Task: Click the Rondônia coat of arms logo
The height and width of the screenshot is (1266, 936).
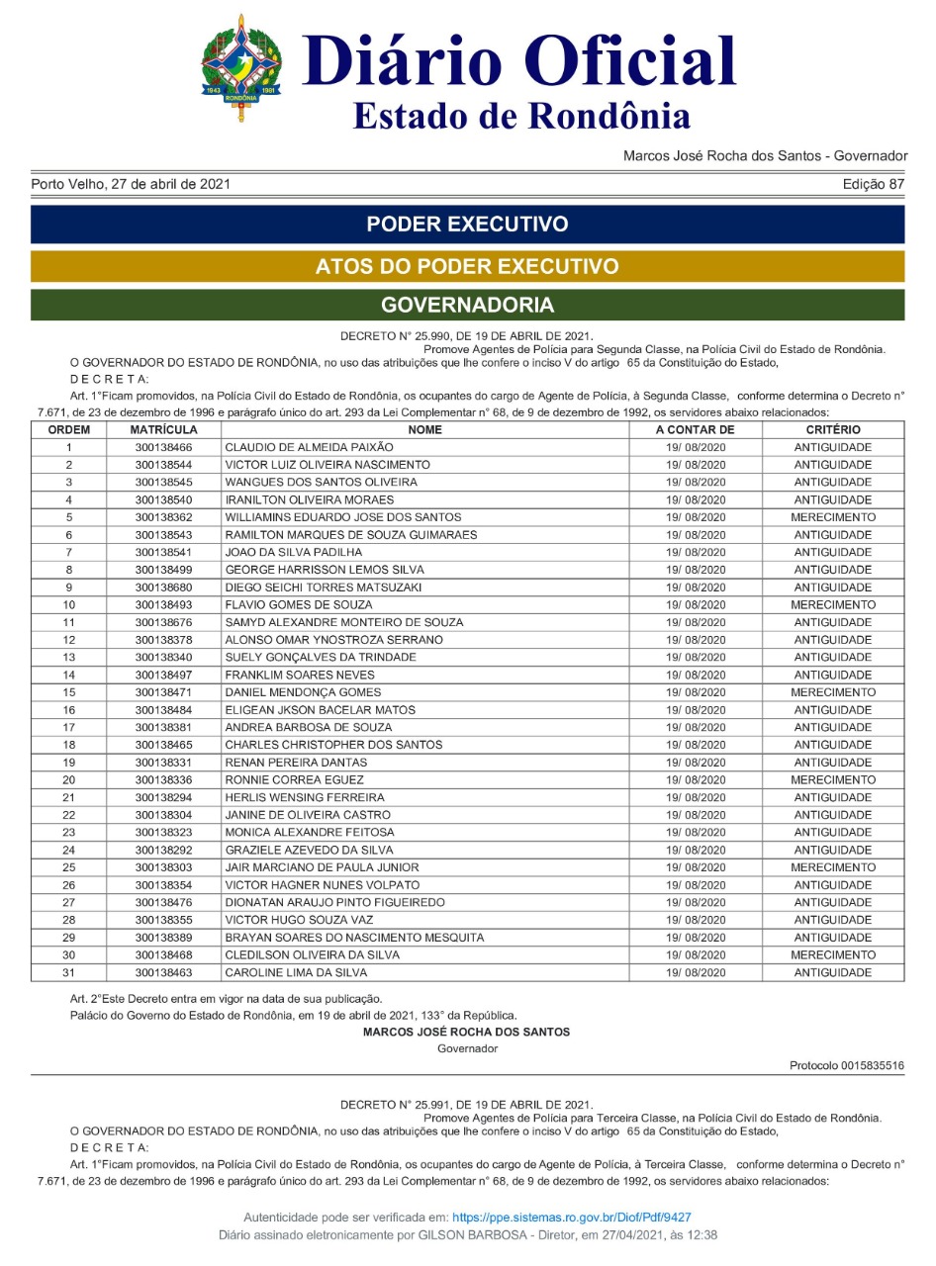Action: coord(241,67)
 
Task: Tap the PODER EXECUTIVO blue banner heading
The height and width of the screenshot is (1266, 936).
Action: coord(467,224)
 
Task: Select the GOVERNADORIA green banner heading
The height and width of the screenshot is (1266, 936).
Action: coord(467,305)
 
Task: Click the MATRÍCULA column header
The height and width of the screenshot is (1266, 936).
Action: coord(163,430)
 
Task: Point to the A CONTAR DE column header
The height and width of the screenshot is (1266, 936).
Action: coord(695,430)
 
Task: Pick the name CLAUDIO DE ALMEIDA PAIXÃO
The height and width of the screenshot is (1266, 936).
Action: coord(309,448)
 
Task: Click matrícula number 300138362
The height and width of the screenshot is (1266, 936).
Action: coord(163,517)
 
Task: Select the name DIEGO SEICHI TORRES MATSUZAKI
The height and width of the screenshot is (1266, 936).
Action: coord(324,588)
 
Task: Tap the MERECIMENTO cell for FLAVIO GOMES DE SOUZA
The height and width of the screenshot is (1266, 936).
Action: coord(832,605)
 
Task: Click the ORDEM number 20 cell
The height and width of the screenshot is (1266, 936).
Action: coord(69,780)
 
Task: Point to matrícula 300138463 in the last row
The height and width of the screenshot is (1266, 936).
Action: coord(163,973)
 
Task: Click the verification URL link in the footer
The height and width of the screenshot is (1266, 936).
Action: coord(572,1218)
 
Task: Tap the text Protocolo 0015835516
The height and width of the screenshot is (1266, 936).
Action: coord(846,1065)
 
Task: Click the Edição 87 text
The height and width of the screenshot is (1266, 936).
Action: coord(874,184)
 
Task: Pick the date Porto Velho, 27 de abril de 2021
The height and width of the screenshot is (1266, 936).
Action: coord(133,184)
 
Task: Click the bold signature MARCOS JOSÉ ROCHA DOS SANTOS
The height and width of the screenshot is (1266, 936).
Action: coord(466,1032)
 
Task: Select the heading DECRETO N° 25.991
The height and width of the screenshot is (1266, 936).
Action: coord(466,1104)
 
